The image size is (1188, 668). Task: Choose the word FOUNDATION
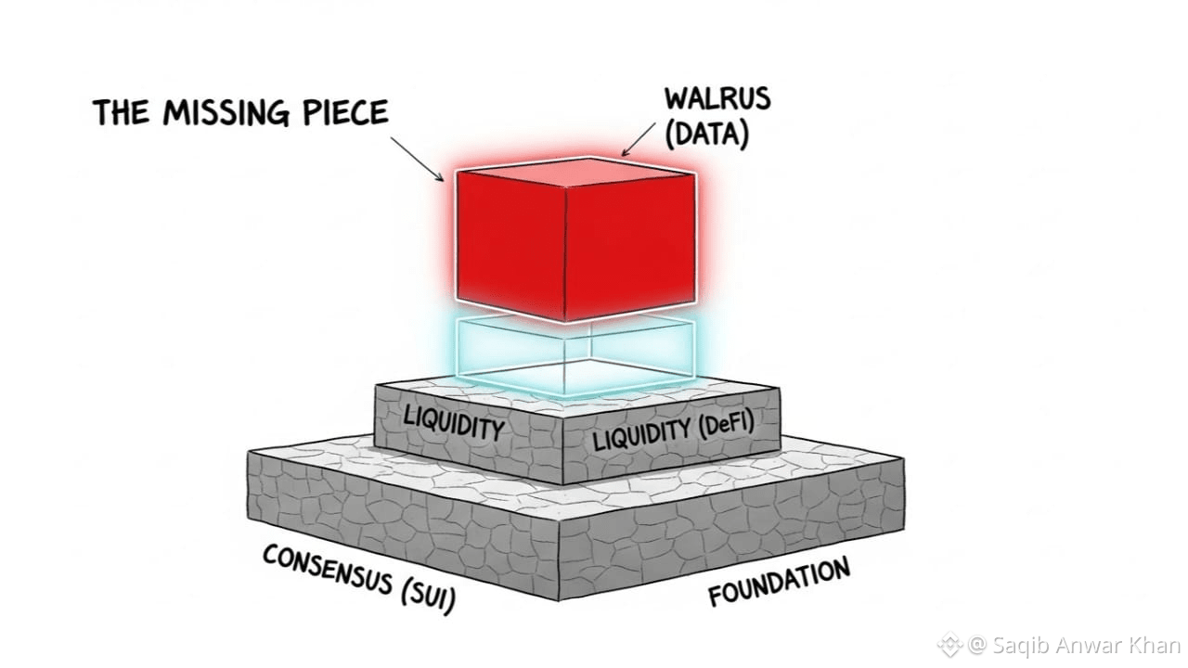tap(780, 583)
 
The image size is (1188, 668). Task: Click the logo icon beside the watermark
tap(949, 644)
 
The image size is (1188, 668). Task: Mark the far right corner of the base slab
tap(903, 458)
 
